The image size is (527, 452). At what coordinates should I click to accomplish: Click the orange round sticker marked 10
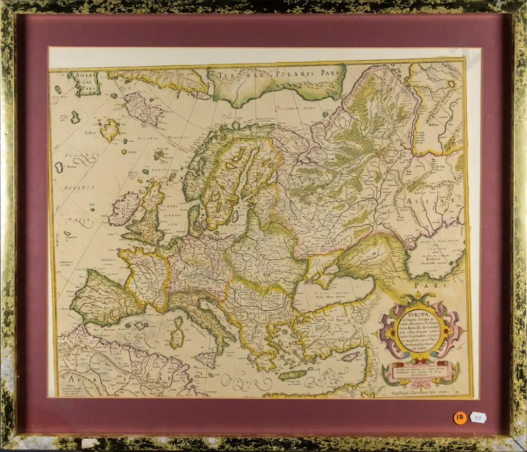[x=460, y=418]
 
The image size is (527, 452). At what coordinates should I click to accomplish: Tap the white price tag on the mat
[x=478, y=418]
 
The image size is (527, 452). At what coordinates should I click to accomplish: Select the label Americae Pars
[x=84, y=82]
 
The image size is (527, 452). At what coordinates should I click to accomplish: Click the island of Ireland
[x=124, y=209]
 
